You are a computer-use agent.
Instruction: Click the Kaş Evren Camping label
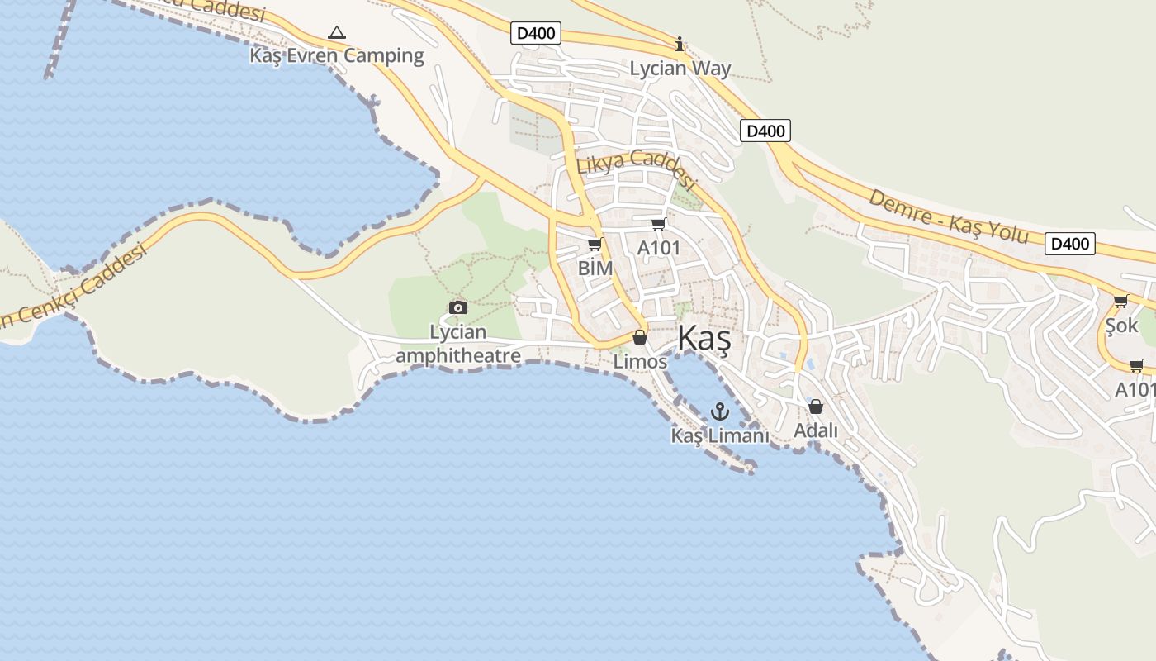[337, 56]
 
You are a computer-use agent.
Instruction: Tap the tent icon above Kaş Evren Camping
[336, 33]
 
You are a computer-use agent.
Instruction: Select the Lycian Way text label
[680, 69]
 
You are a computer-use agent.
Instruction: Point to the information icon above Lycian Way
[680, 44]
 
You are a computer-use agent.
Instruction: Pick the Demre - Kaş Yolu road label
[948, 216]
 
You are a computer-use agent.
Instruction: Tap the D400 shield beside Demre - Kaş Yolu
[1069, 244]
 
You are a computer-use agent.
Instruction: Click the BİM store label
[595, 269]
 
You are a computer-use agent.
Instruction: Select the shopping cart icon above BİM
[595, 245]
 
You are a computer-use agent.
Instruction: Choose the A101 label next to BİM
[659, 248]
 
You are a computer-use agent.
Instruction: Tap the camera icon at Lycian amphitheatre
[458, 308]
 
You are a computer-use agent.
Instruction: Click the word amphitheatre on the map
[458, 356]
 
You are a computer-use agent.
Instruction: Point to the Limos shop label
[640, 362]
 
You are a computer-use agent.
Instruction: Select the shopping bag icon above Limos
[640, 337]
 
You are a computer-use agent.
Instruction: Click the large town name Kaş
[704, 340]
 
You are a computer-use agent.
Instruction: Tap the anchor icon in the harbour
[721, 411]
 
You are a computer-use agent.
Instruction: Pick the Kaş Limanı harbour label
[720, 435]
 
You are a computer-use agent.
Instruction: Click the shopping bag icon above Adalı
[816, 407]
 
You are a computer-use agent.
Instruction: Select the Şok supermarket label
[1121, 326]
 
